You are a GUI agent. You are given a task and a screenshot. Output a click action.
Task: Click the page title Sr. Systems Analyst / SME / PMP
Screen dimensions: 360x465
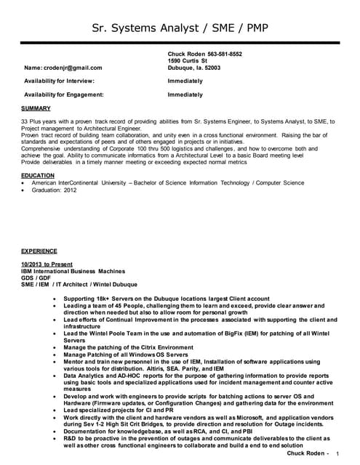coord(180,29)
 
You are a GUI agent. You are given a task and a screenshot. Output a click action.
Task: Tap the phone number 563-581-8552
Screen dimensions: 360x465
coord(225,54)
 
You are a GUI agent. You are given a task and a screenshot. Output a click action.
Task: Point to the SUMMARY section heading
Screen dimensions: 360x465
coord(36,108)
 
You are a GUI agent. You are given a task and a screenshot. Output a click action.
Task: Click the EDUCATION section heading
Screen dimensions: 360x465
coord(38,175)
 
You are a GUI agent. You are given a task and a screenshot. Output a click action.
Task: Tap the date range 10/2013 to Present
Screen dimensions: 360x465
coord(47,263)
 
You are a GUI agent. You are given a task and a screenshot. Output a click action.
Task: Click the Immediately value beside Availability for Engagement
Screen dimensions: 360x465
coord(185,94)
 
